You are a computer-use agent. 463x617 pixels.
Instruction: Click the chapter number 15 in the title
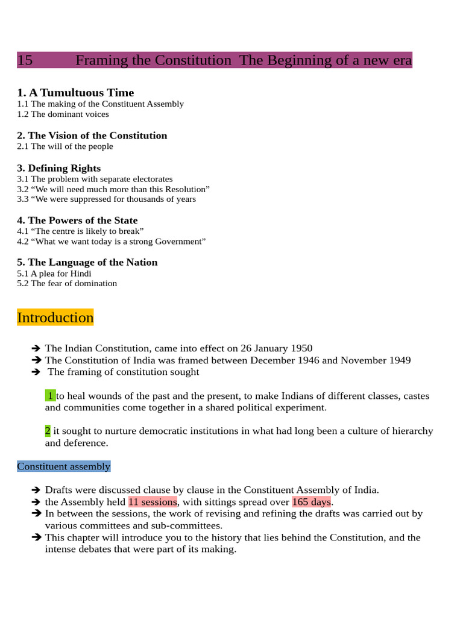pos(25,60)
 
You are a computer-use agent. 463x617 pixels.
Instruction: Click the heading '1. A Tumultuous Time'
pos(75,93)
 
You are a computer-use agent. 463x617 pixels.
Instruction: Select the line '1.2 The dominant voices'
pos(63,114)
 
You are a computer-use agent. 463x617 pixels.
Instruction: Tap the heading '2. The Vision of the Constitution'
pos(92,136)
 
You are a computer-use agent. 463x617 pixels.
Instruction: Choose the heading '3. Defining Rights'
pos(59,168)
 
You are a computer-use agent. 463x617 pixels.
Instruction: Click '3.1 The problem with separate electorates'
pos(95,179)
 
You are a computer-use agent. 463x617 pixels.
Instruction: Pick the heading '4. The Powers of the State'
pos(77,221)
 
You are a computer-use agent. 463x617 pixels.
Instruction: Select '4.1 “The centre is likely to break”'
pos(80,231)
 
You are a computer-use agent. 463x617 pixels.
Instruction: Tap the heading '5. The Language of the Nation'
pos(87,263)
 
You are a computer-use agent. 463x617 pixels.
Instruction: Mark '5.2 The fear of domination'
pos(67,283)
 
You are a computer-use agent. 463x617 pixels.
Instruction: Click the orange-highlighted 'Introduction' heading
pos(55,318)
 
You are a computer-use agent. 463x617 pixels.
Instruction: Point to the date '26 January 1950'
pos(274,348)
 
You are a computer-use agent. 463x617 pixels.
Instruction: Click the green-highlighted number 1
pos(51,396)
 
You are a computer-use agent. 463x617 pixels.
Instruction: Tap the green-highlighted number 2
pos(48,431)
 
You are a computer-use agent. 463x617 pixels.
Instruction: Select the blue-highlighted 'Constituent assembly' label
pos(64,466)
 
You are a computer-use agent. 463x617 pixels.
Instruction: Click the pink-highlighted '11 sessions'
pos(153,502)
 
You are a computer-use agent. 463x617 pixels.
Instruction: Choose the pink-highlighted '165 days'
pos(312,502)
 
